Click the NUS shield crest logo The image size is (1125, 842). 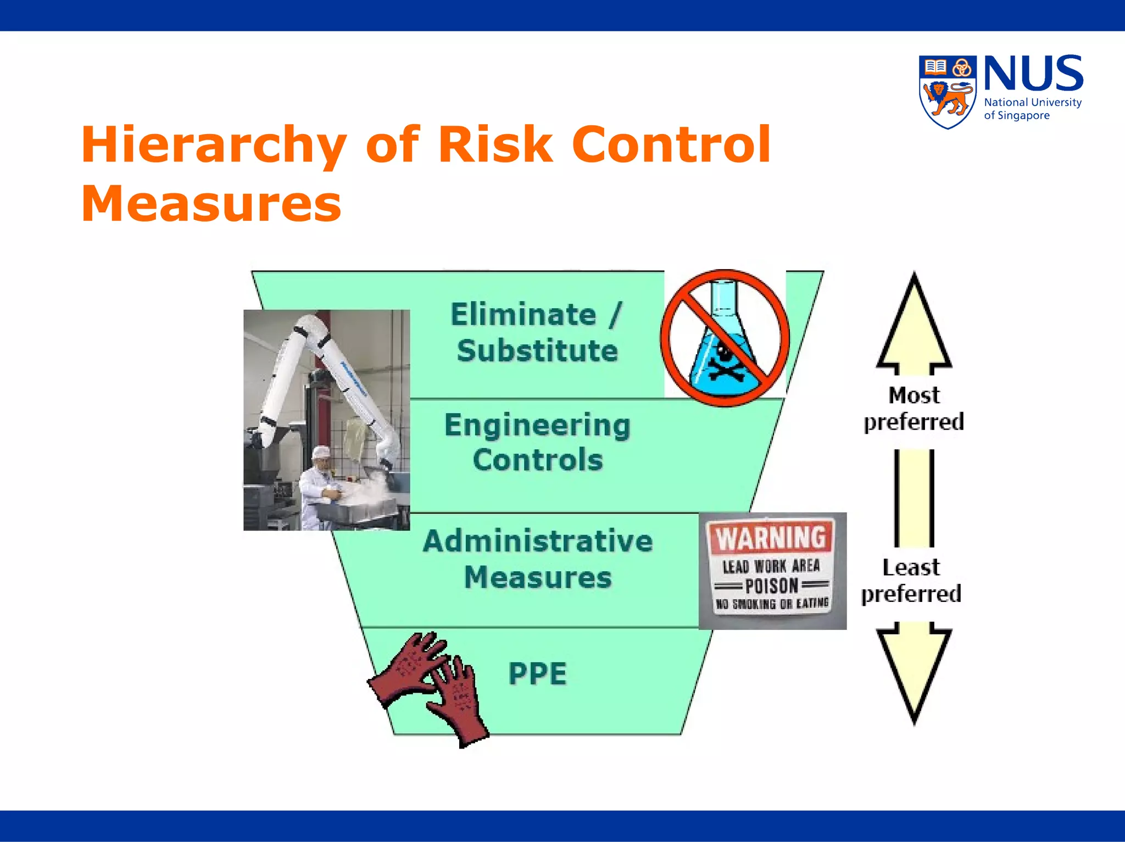[x=948, y=92]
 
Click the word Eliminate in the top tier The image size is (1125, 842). [x=523, y=315]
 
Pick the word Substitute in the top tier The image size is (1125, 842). [x=537, y=351]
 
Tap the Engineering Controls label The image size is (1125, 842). [x=537, y=442]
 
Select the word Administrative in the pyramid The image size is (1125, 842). [x=537, y=541]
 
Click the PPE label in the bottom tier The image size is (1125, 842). [x=537, y=674]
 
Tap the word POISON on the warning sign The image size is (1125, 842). [x=771, y=586]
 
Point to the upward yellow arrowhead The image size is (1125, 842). [x=914, y=324]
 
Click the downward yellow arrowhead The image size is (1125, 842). [x=914, y=673]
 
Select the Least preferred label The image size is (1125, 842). [x=912, y=581]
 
